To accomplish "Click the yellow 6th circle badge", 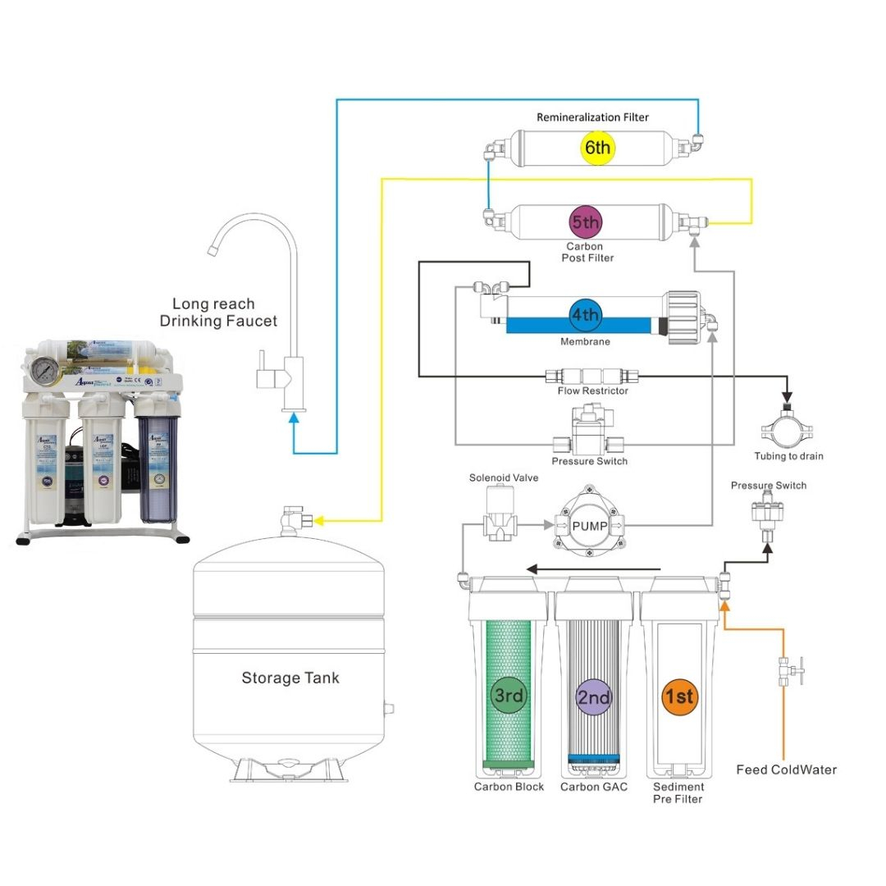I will pyautogui.click(x=596, y=148).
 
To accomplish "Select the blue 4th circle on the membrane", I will pyautogui.click(x=585, y=315).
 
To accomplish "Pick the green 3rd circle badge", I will pyautogui.click(x=508, y=696).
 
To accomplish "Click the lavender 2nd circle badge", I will pyautogui.click(x=593, y=697).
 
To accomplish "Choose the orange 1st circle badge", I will pyautogui.click(x=678, y=696).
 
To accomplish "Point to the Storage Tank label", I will pyautogui.click(x=290, y=678).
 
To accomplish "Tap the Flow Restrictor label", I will pyautogui.click(x=592, y=391).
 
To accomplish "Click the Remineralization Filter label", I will pyautogui.click(x=592, y=117).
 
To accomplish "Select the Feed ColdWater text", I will pyautogui.click(x=786, y=770).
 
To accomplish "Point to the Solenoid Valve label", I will pyautogui.click(x=503, y=477).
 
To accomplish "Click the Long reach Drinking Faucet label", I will pyautogui.click(x=218, y=313).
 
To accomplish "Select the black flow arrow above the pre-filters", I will pyautogui.click(x=592, y=568).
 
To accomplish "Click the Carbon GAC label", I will pyautogui.click(x=593, y=788).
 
